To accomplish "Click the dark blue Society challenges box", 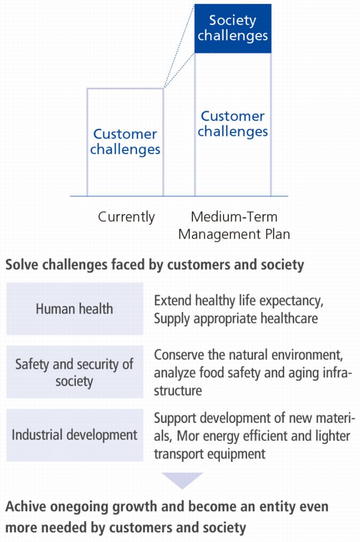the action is click(233, 28).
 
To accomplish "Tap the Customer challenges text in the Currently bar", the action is click(125, 142).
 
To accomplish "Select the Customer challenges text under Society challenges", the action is click(233, 124).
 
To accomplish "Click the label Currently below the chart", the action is click(126, 217).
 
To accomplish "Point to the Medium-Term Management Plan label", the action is click(234, 226).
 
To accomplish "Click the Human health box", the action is click(75, 309).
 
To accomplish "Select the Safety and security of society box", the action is click(75, 372).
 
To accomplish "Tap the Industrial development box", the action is click(75, 435).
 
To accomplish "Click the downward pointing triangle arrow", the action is click(182, 480).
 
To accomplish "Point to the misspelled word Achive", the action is click(26, 507).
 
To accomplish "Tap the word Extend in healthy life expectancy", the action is click(172, 300).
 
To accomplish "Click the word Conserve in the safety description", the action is click(179, 355).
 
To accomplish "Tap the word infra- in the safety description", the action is click(337, 373).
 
